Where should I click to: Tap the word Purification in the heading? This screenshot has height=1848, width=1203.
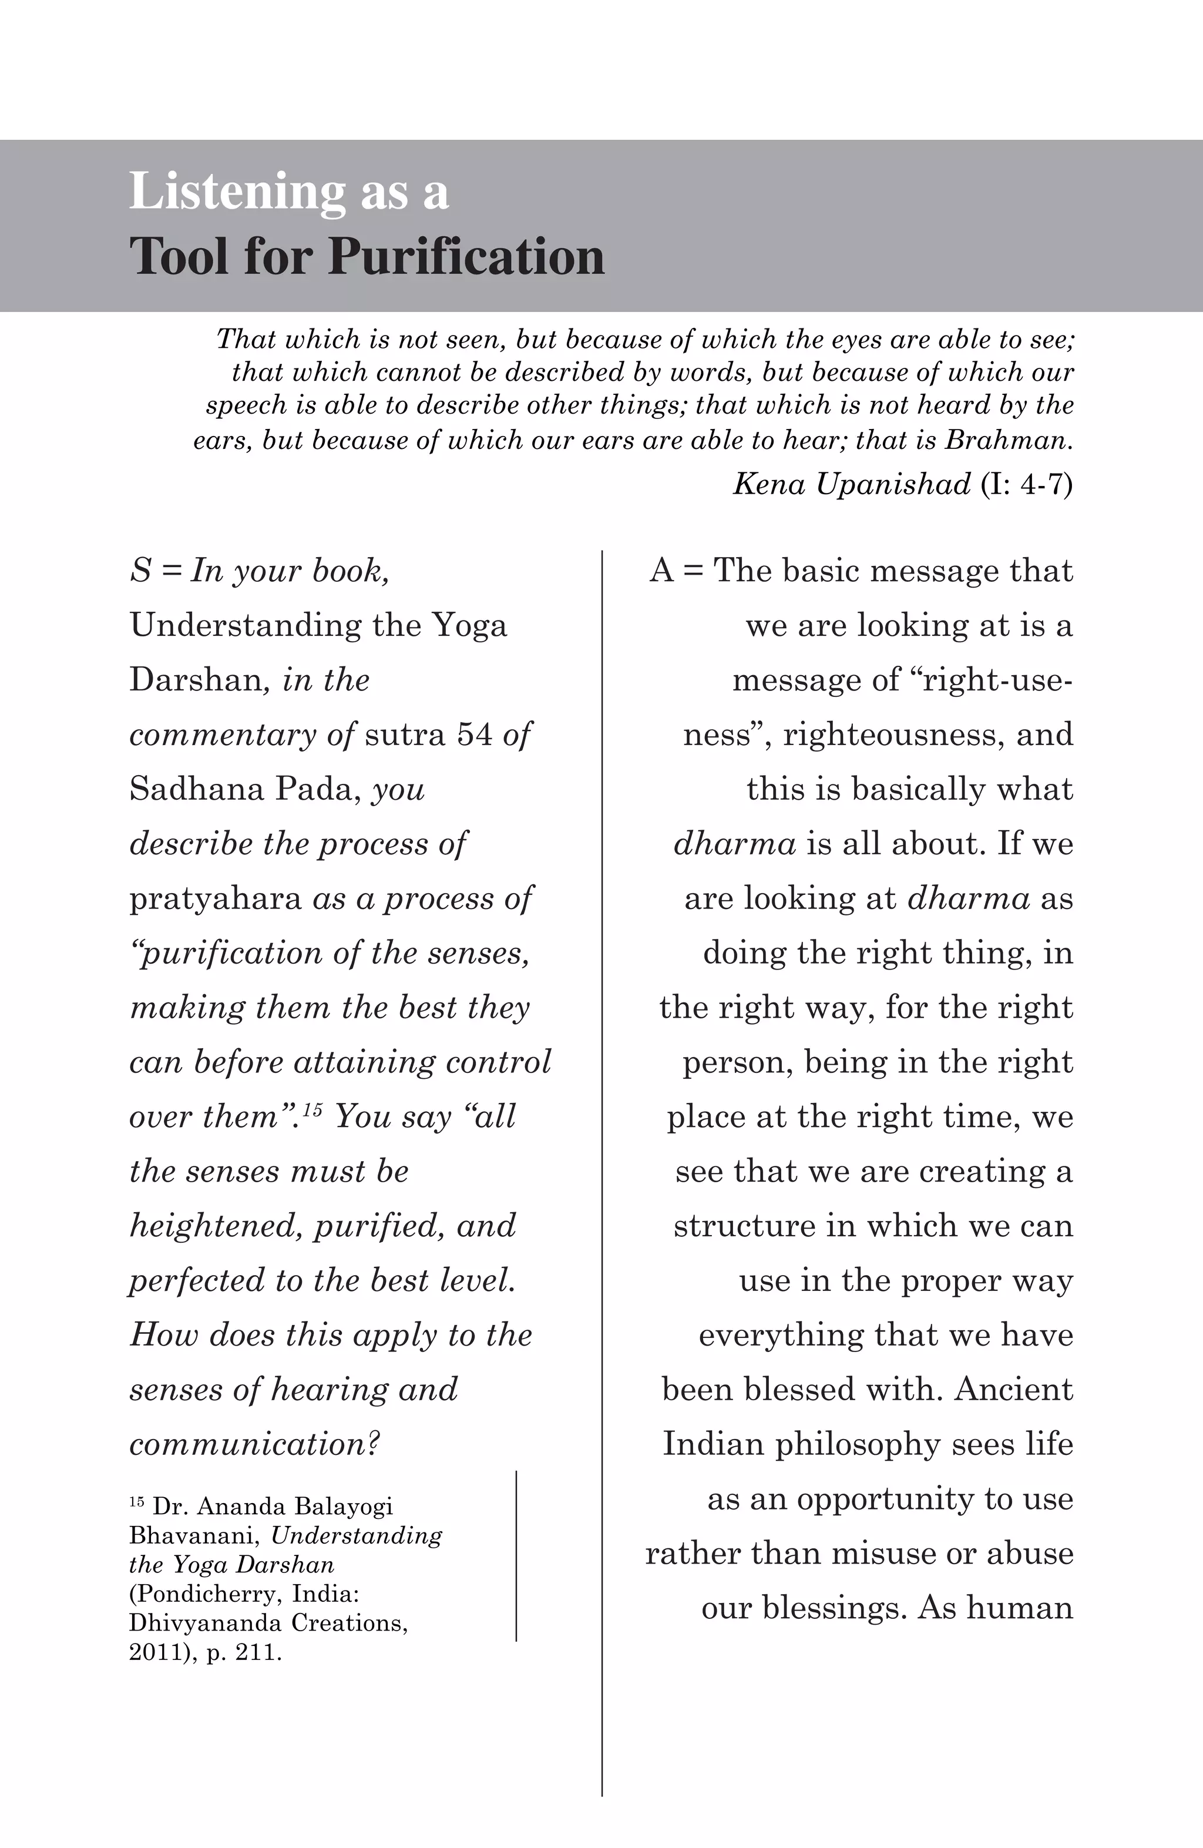[x=466, y=257]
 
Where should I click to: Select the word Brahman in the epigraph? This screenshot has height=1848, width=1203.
[x=1007, y=441]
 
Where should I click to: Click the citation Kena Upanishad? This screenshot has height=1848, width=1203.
[x=851, y=485]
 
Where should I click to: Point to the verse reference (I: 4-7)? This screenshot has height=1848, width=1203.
[x=1026, y=485]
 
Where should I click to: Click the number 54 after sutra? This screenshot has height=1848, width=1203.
[x=474, y=734]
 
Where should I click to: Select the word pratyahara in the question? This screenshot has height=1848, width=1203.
[x=215, y=899]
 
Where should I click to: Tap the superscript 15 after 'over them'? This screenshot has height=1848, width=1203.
[x=312, y=1109]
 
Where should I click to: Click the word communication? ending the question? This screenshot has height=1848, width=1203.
[x=254, y=1445]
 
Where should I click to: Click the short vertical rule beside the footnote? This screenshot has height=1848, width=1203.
[x=516, y=1555]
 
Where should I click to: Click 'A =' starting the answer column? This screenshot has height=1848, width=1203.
[x=676, y=571]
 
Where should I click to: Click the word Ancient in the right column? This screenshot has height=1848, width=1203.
[x=1014, y=1390]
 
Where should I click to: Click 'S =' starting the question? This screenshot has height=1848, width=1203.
[x=155, y=571]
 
